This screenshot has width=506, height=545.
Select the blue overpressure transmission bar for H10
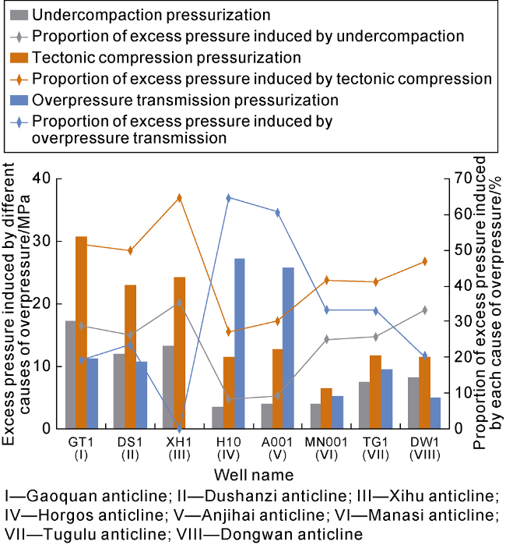pyautogui.click(x=240, y=343)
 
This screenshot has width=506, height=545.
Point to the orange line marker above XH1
pyautogui.click(x=179, y=198)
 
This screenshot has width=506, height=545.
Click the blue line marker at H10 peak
pyautogui.click(x=228, y=198)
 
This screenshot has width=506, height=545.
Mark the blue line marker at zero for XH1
pyautogui.click(x=179, y=428)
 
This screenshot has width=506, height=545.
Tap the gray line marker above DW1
pyautogui.click(x=424, y=310)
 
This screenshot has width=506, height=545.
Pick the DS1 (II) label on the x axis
pyautogui.click(x=130, y=448)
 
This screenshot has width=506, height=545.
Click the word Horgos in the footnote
pyautogui.click(x=52, y=515)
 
